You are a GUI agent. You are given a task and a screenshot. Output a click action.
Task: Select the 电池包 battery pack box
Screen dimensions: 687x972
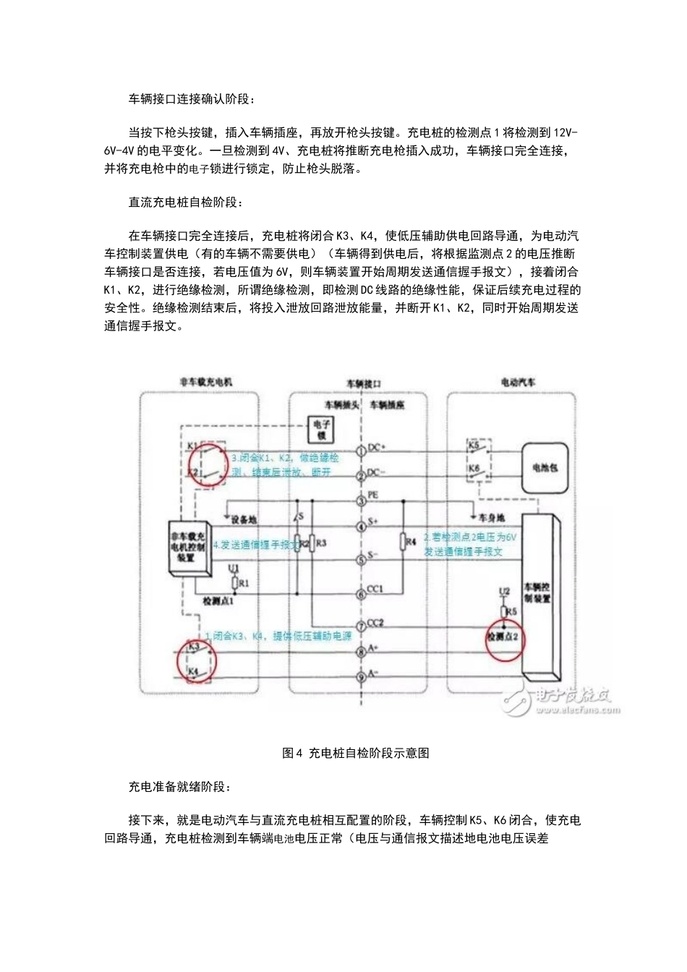pos(545,468)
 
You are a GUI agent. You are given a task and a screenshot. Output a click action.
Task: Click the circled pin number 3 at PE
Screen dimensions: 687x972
pos(360,500)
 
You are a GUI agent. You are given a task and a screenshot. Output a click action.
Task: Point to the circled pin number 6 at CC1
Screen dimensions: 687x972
pos(360,594)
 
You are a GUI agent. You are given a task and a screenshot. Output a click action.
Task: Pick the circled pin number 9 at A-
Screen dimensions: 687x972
pos(360,678)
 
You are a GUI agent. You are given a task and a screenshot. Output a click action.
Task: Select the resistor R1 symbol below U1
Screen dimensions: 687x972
pos(234,582)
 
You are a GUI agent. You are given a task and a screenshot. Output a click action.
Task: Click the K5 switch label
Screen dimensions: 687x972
pos(473,445)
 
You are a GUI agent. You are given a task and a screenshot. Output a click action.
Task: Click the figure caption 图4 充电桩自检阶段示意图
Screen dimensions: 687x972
pos(356,753)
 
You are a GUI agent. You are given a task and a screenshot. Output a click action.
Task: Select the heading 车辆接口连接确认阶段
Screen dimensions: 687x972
pos(192,98)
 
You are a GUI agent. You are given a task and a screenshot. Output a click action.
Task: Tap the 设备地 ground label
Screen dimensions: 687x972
pos(243,519)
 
